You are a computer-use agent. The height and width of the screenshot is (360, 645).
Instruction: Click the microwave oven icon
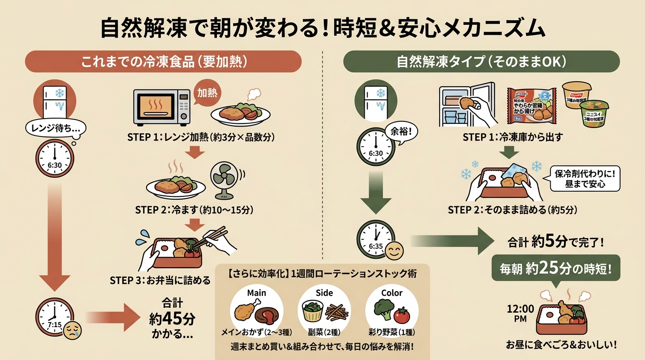162,107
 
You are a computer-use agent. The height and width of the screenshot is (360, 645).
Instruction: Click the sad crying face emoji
71,330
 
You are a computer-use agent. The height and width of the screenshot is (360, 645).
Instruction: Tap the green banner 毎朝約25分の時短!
555,269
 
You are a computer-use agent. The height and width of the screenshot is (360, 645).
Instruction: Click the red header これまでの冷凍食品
163,61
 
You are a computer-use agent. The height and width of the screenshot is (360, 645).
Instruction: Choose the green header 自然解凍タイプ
481,61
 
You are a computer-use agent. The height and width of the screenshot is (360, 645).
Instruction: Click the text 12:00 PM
520,314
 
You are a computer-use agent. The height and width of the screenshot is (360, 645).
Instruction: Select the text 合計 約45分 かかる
172,319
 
